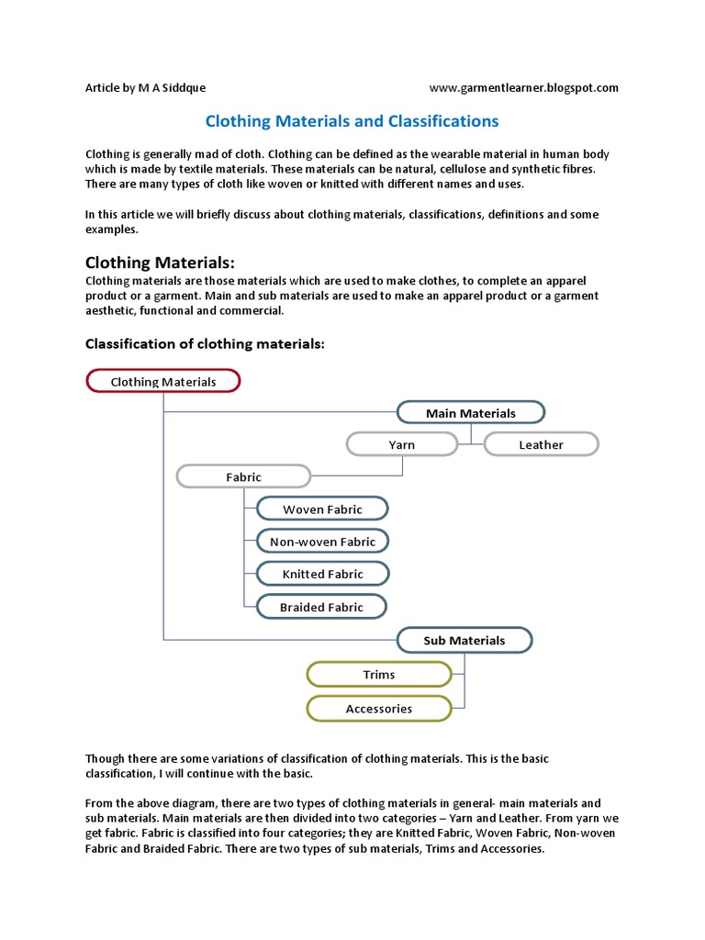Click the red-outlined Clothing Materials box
[163, 381]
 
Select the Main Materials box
[471, 413]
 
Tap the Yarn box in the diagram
[401, 444]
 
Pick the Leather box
[541, 444]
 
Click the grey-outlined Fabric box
[243, 476]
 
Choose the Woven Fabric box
[322, 509]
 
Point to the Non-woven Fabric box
[322, 542]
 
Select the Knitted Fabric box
[322, 574]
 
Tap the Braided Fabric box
[321, 607]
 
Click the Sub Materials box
[464, 640]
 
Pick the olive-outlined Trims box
[378, 675]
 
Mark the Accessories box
[378, 709]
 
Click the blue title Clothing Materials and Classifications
[352, 120]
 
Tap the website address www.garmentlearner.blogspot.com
[523, 88]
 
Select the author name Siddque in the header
[181, 88]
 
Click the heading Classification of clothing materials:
[206, 344]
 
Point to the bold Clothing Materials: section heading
[166, 262]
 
